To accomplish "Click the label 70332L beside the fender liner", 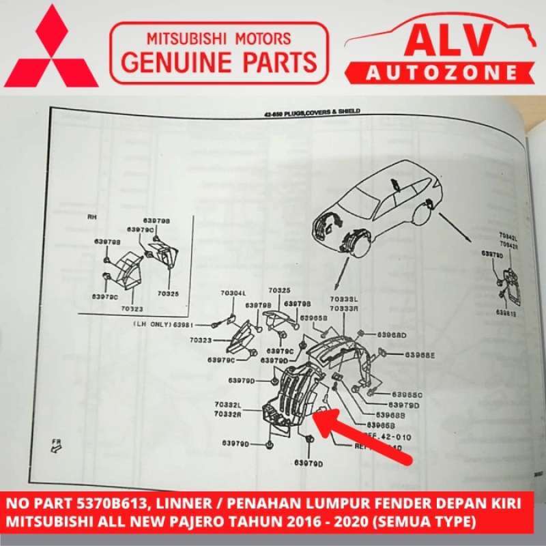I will (x=227, y=405).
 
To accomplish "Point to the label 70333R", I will (x=344, y=308).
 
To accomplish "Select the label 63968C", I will (x=407, y=394).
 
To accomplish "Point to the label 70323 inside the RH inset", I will (x=131, y=308).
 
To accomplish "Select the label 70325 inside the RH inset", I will (x=168, y=294).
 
